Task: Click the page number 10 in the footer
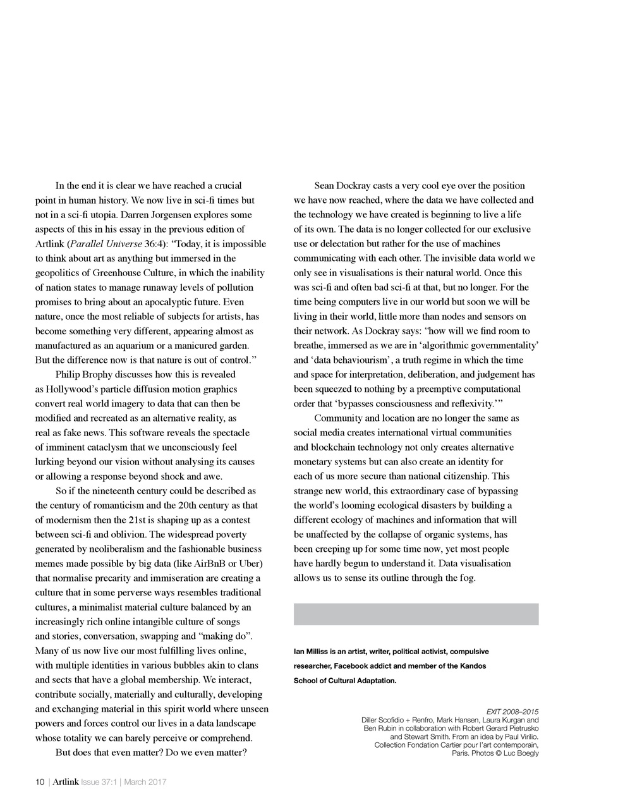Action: point(40,782)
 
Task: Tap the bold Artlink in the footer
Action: point(66,782)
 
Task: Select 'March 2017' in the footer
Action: point(145,782)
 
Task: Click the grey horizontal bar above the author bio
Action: point(416,614)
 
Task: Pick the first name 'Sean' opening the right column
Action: point(324,186)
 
